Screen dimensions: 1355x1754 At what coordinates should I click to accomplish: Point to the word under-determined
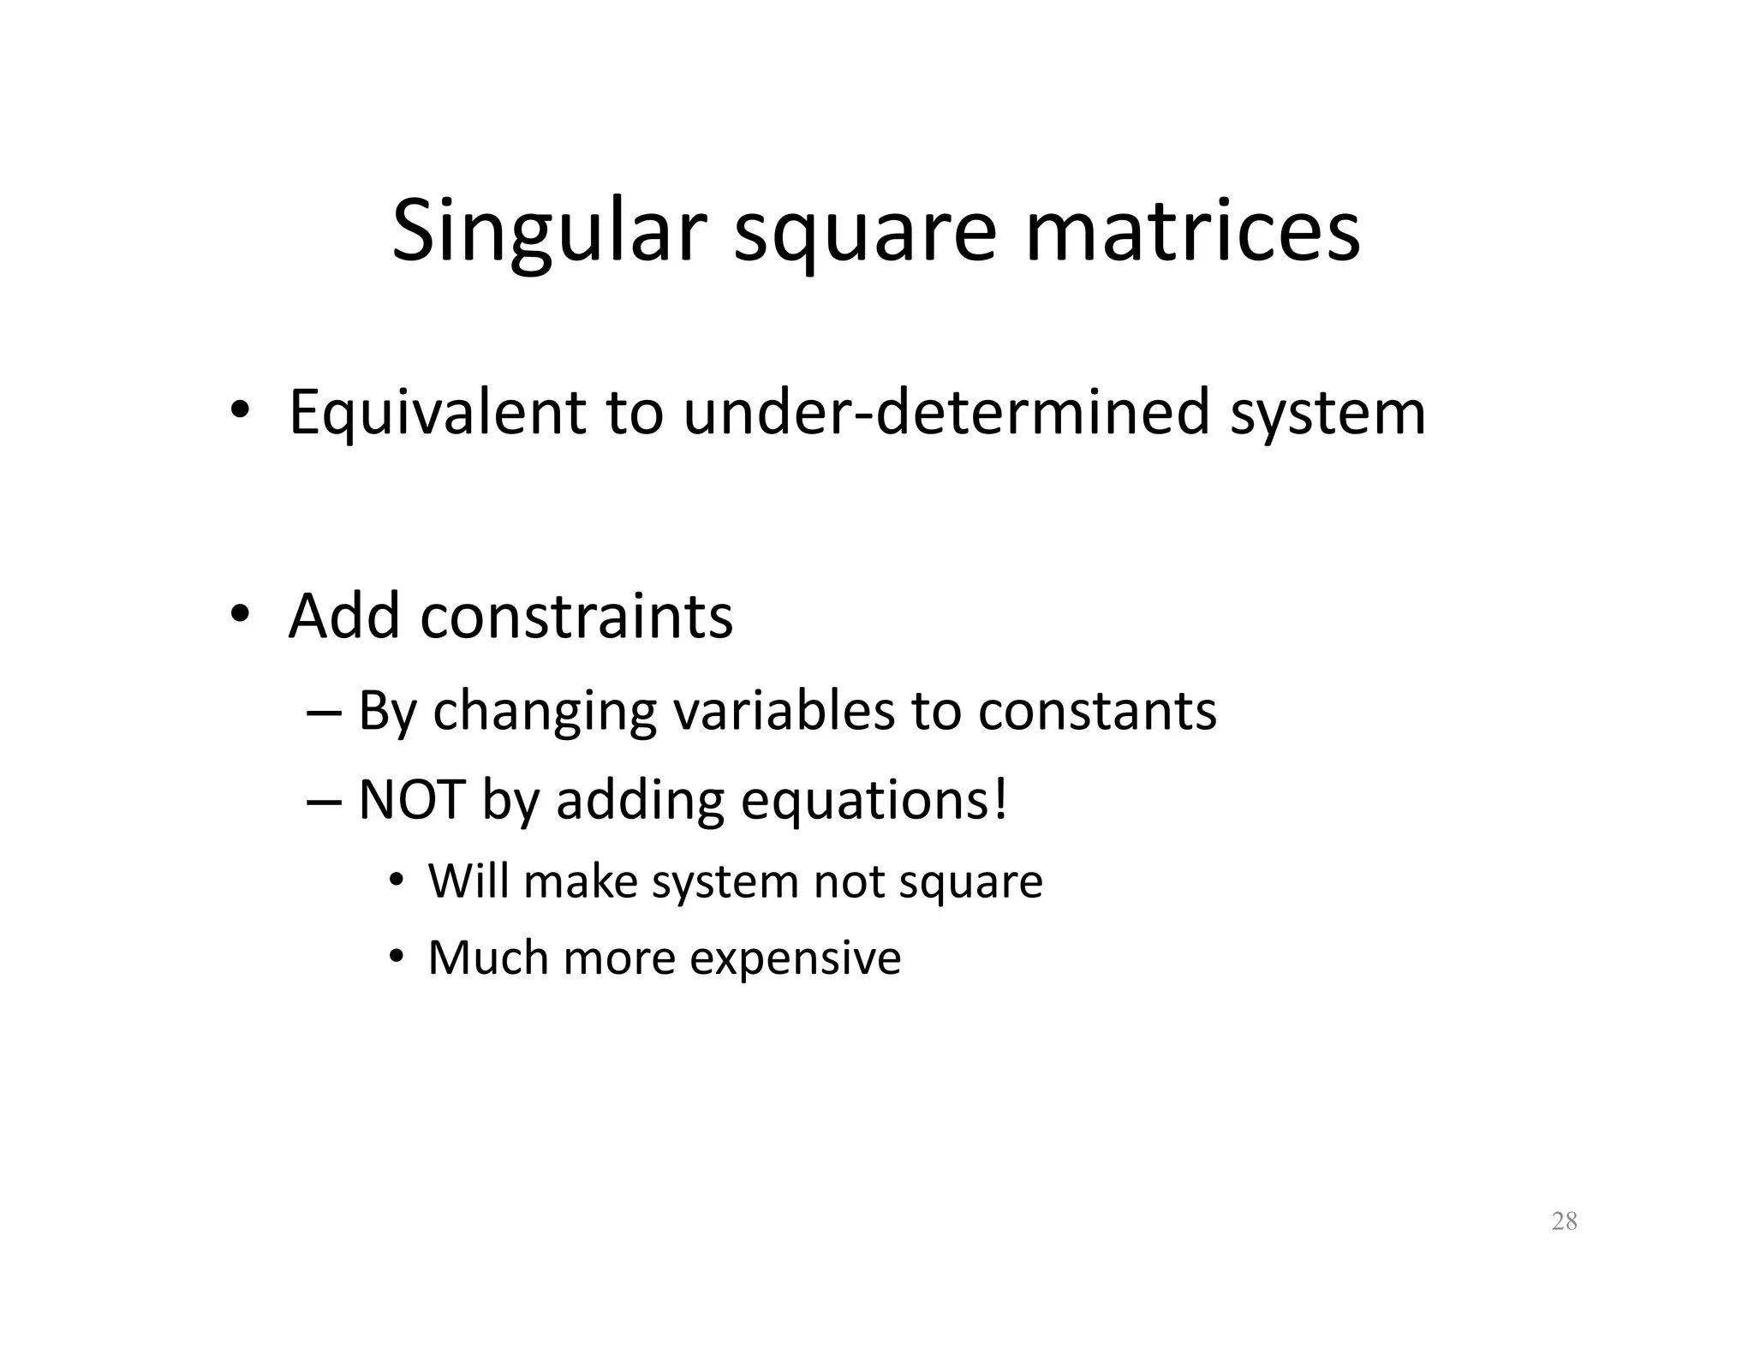coord(946,413)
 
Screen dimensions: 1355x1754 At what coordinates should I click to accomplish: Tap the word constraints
coord(576,617)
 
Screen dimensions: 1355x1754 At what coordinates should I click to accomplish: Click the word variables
coord(784,711)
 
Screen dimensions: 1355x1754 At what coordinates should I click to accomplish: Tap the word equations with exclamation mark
coord(874,802)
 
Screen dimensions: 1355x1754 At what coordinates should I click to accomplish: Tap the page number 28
coord(1564,1221)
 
